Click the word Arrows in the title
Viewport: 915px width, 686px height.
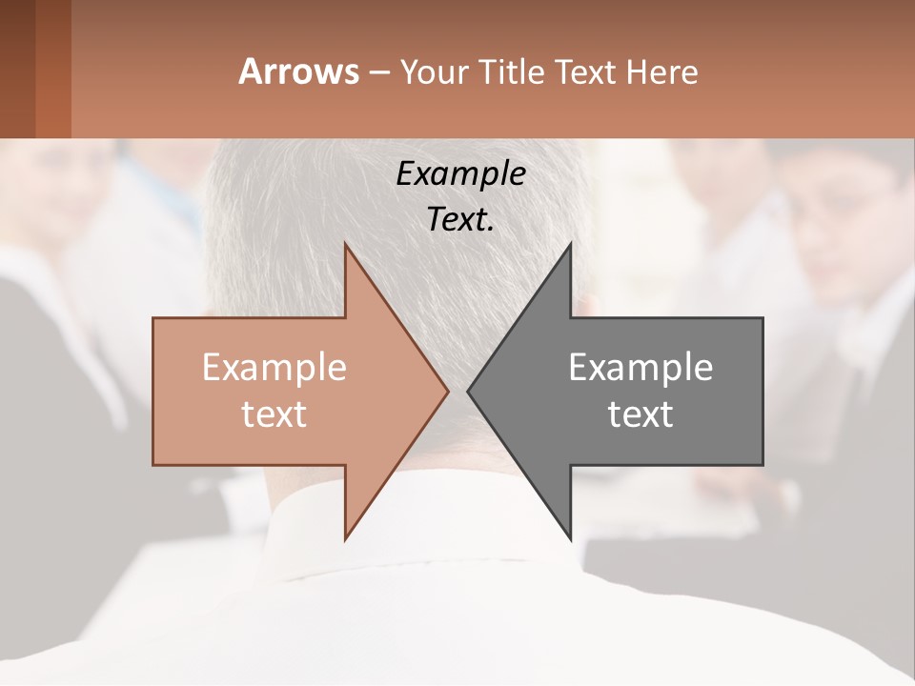tap(298, 71)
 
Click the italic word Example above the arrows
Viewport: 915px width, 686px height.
tap(460, 175)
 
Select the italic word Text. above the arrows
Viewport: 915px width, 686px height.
tap(460, 220)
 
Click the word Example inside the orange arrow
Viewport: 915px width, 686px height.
tap(274, 368)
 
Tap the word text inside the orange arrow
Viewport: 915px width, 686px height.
tap(274, 414)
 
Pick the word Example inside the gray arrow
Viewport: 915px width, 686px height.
tap(640, 368)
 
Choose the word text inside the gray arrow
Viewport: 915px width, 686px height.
tap(640, 414)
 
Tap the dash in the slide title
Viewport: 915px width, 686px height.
tap(379, 72)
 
